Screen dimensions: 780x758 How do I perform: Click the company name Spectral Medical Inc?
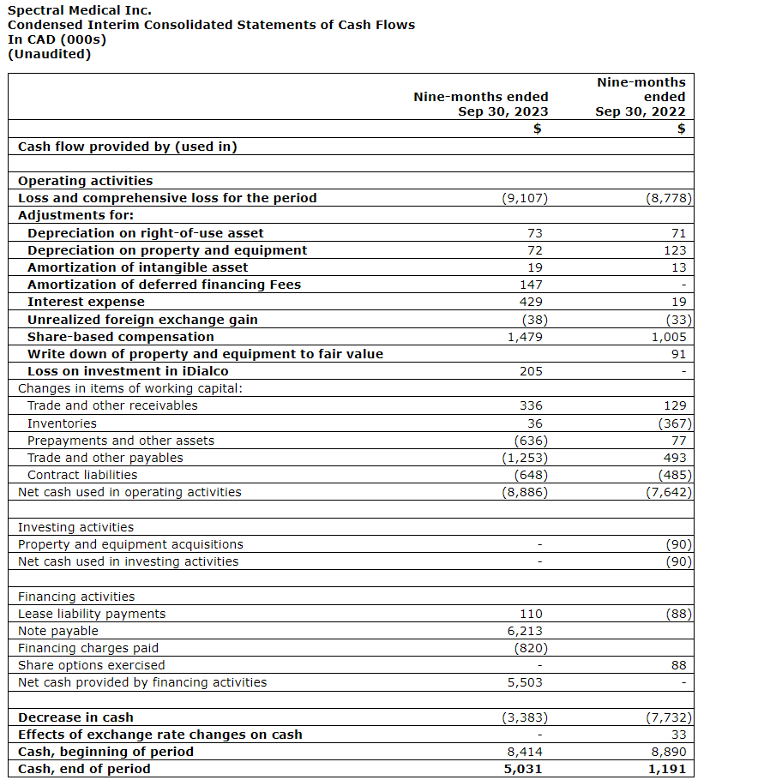[x=79, y=10]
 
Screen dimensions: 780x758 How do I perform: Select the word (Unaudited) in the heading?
[x=49, y=54]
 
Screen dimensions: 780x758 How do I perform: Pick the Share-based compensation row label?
[x=121, y=337]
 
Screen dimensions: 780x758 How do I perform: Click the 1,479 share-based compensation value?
[x=525, y=337]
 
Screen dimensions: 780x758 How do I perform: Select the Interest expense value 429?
[x=531, y=302]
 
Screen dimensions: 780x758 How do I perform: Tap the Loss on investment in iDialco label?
[x=128, y=371]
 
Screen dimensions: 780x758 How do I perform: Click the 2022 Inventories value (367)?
[x=674, y=423]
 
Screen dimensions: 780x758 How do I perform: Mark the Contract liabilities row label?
[x=82, y=475]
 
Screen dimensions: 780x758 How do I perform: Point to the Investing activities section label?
[x=75, y=527]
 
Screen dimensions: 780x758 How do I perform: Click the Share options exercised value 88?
[x=678, y=665]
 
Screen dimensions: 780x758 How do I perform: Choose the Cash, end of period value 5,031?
[x=525, y=769]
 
